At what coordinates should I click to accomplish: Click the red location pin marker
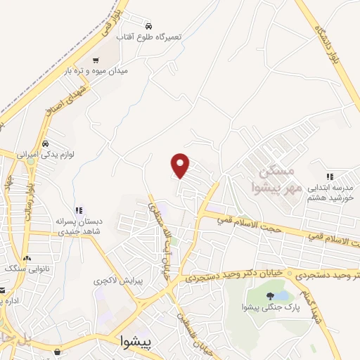(181, 165)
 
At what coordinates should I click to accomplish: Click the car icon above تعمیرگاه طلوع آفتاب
(147, 23)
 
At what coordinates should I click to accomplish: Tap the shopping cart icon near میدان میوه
(96, 61)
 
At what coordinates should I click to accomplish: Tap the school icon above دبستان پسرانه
(79, 210)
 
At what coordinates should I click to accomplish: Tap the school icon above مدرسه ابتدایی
(329, 176)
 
